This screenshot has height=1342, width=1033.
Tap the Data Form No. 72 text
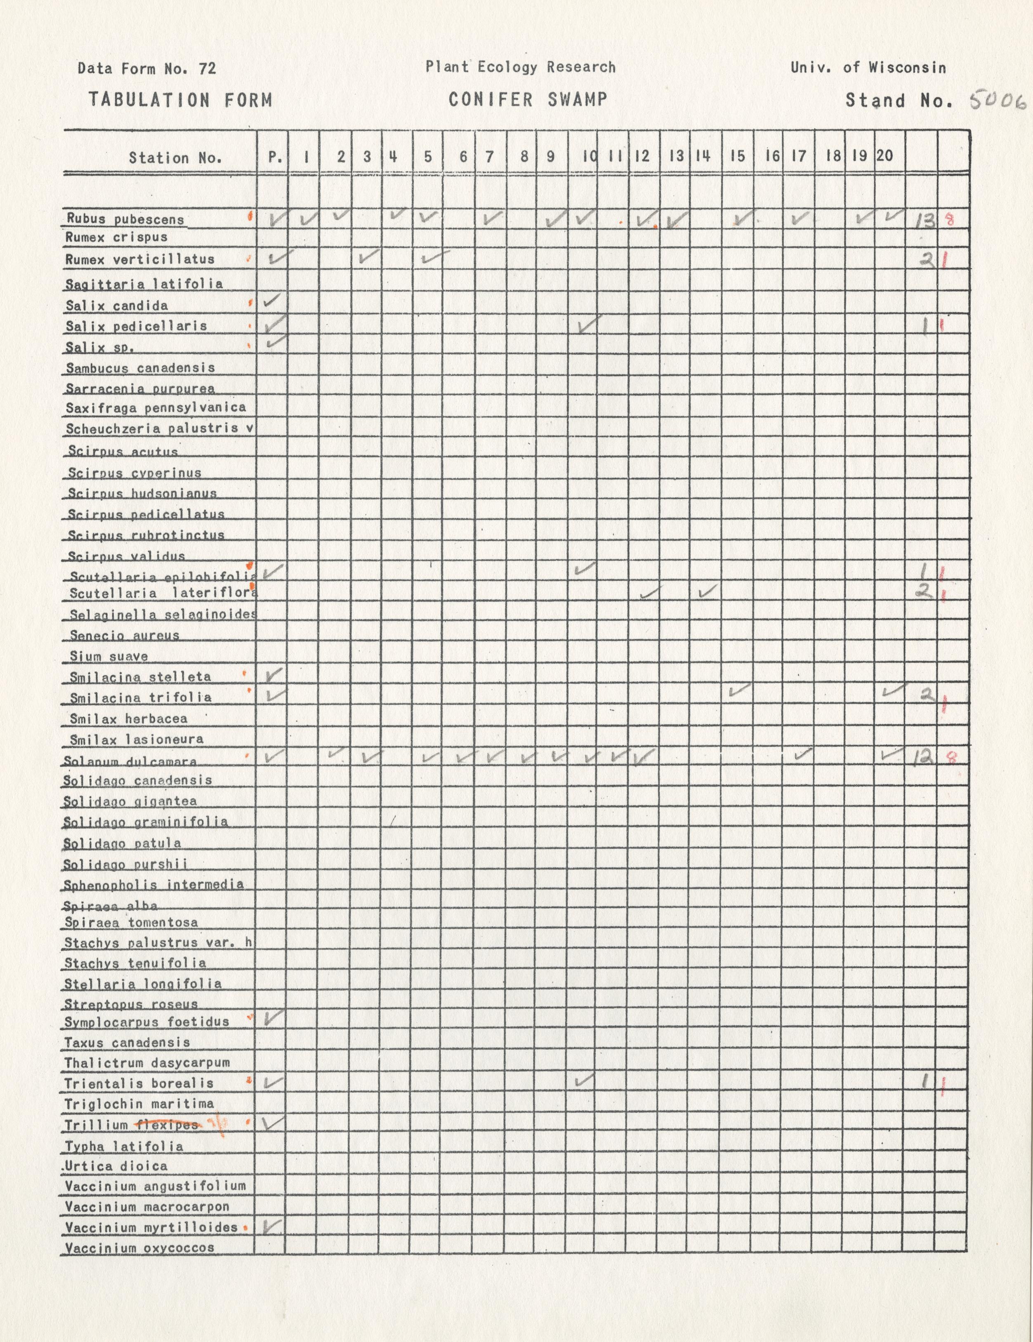coord(147,68)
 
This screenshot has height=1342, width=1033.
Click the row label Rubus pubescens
coord(125,219)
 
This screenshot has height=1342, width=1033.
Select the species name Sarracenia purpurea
coord(140,388)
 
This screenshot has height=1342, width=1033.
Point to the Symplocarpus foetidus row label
coord(147,1022)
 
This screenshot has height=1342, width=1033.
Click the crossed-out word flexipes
coord(167,1125)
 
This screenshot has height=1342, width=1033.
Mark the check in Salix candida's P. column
coord(271,301)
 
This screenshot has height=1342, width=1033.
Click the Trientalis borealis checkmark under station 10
coord(584,1080)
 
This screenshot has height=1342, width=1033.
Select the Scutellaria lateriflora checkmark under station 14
coord(708,591)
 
